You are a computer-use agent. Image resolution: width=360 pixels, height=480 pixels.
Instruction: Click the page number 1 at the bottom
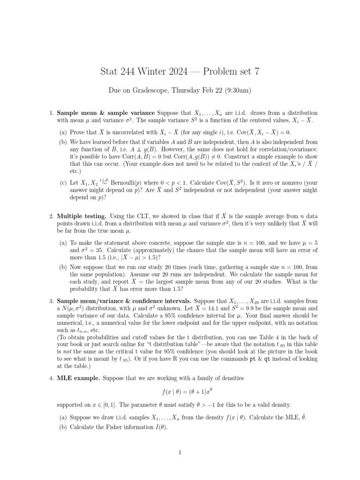tap(180, 452)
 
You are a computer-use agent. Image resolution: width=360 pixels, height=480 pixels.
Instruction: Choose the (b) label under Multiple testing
tap(62, 267)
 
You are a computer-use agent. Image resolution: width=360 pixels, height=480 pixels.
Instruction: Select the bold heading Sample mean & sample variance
tap(106, 113)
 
